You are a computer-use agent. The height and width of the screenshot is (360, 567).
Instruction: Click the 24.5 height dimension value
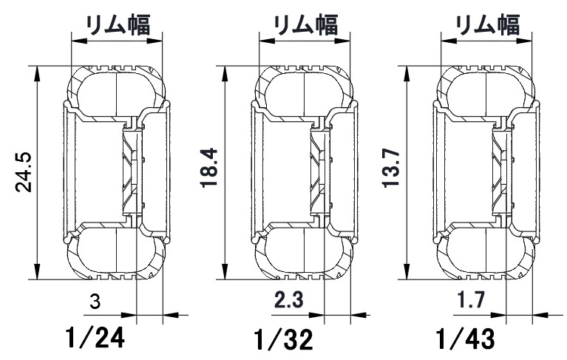pos(24,172)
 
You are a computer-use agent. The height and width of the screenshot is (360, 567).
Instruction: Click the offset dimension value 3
pos(94,302)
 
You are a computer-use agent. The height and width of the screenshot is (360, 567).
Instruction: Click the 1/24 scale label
pos(94,339)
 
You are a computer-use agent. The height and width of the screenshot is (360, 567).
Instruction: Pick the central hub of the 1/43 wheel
pos(500,171)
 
